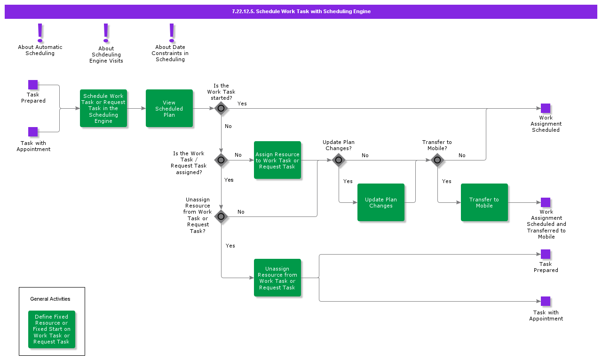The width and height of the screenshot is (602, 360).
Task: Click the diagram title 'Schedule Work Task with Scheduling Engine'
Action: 301,11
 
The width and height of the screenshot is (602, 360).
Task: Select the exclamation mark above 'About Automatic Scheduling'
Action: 40,33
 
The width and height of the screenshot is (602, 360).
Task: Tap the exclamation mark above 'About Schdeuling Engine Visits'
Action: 106,33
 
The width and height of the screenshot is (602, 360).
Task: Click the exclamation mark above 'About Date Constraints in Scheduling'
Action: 172,33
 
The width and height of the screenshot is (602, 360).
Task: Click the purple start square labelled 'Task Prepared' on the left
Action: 33,85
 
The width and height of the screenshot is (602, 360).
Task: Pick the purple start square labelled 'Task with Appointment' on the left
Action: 33,132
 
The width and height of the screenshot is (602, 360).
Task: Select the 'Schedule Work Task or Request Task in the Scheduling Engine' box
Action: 103,108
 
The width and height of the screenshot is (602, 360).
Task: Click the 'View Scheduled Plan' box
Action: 169,108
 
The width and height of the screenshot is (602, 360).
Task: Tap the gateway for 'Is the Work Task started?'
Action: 221,108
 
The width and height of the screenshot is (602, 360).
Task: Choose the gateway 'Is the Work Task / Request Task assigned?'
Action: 221,160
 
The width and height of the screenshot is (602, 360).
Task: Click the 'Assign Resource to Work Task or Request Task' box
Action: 277,160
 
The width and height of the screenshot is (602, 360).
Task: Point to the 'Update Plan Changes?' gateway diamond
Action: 339,160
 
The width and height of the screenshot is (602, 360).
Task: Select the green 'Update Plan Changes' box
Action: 381,202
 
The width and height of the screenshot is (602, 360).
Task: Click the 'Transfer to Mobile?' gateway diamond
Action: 437,160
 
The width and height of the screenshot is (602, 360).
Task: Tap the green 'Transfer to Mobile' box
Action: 484,202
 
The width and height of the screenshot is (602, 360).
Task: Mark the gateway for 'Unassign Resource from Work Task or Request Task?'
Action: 221,216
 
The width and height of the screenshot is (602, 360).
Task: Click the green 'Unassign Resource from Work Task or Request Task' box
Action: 277,278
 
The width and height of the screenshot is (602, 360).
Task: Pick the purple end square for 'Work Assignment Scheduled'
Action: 546,108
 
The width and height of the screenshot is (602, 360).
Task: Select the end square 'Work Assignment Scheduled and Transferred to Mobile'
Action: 546,202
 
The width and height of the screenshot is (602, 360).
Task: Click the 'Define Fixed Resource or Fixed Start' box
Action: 52,329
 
